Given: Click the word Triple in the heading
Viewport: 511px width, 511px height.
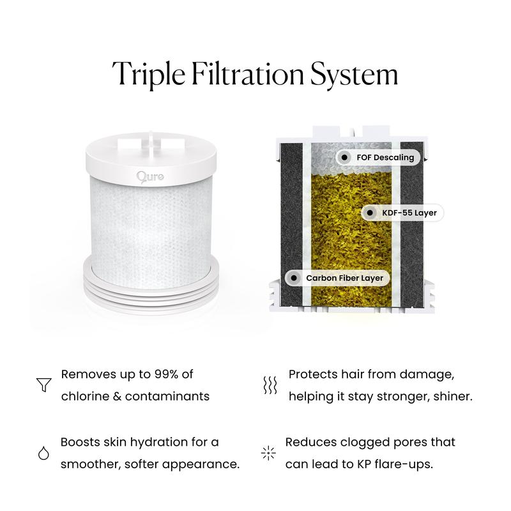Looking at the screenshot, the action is (149, 74).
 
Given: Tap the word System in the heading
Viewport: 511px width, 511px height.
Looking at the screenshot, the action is (355, 74).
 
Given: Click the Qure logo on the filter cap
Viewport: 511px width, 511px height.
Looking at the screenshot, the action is (150, 177).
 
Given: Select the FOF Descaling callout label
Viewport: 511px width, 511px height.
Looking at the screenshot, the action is (378, 157).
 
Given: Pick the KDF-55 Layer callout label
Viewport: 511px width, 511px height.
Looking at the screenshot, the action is (402, 213).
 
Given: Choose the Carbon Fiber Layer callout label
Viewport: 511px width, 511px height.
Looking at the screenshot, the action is (338, 278).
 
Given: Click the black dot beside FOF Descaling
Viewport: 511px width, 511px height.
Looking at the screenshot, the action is (344, 157).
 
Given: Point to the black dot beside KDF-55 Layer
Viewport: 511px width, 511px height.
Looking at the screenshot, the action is (370, 213).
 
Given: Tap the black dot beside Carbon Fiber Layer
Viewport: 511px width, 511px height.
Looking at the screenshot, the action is (294, 278).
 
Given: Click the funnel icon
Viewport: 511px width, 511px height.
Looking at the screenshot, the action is (43, 385).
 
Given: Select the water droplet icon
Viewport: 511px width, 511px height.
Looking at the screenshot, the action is (43, 453).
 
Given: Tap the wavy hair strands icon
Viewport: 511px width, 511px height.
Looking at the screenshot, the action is (270, 385).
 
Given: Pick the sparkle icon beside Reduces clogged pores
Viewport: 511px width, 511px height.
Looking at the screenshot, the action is (268, 453).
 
